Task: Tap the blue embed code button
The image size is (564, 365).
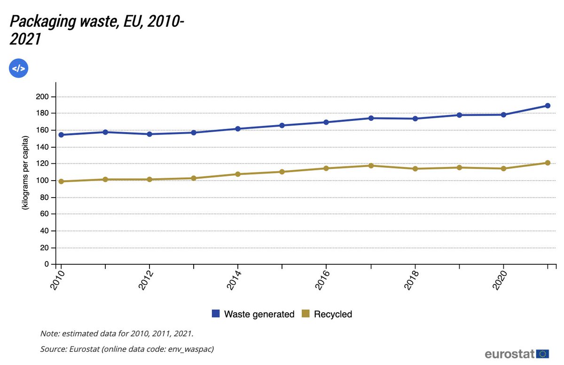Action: click(19, 69)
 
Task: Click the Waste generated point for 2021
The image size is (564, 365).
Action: click(548, 105)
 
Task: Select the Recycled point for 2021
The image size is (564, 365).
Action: click(548, 163)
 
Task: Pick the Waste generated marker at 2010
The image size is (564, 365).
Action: click(61, 135)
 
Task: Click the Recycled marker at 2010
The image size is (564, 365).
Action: click(61, 181)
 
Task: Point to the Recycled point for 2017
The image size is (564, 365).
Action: click(371, 166)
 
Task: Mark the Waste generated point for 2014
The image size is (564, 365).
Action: click(238, 129)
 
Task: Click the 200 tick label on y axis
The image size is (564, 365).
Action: click(43, 97)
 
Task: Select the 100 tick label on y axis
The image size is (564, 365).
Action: click(43, 181)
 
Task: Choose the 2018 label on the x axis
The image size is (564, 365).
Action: click(411, 281)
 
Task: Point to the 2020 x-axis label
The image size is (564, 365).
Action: click(500, 281)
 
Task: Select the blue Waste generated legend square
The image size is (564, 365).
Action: click(216, 314)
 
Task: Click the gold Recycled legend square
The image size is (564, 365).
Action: click(305, 314)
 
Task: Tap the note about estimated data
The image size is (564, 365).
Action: click(117, 333)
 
